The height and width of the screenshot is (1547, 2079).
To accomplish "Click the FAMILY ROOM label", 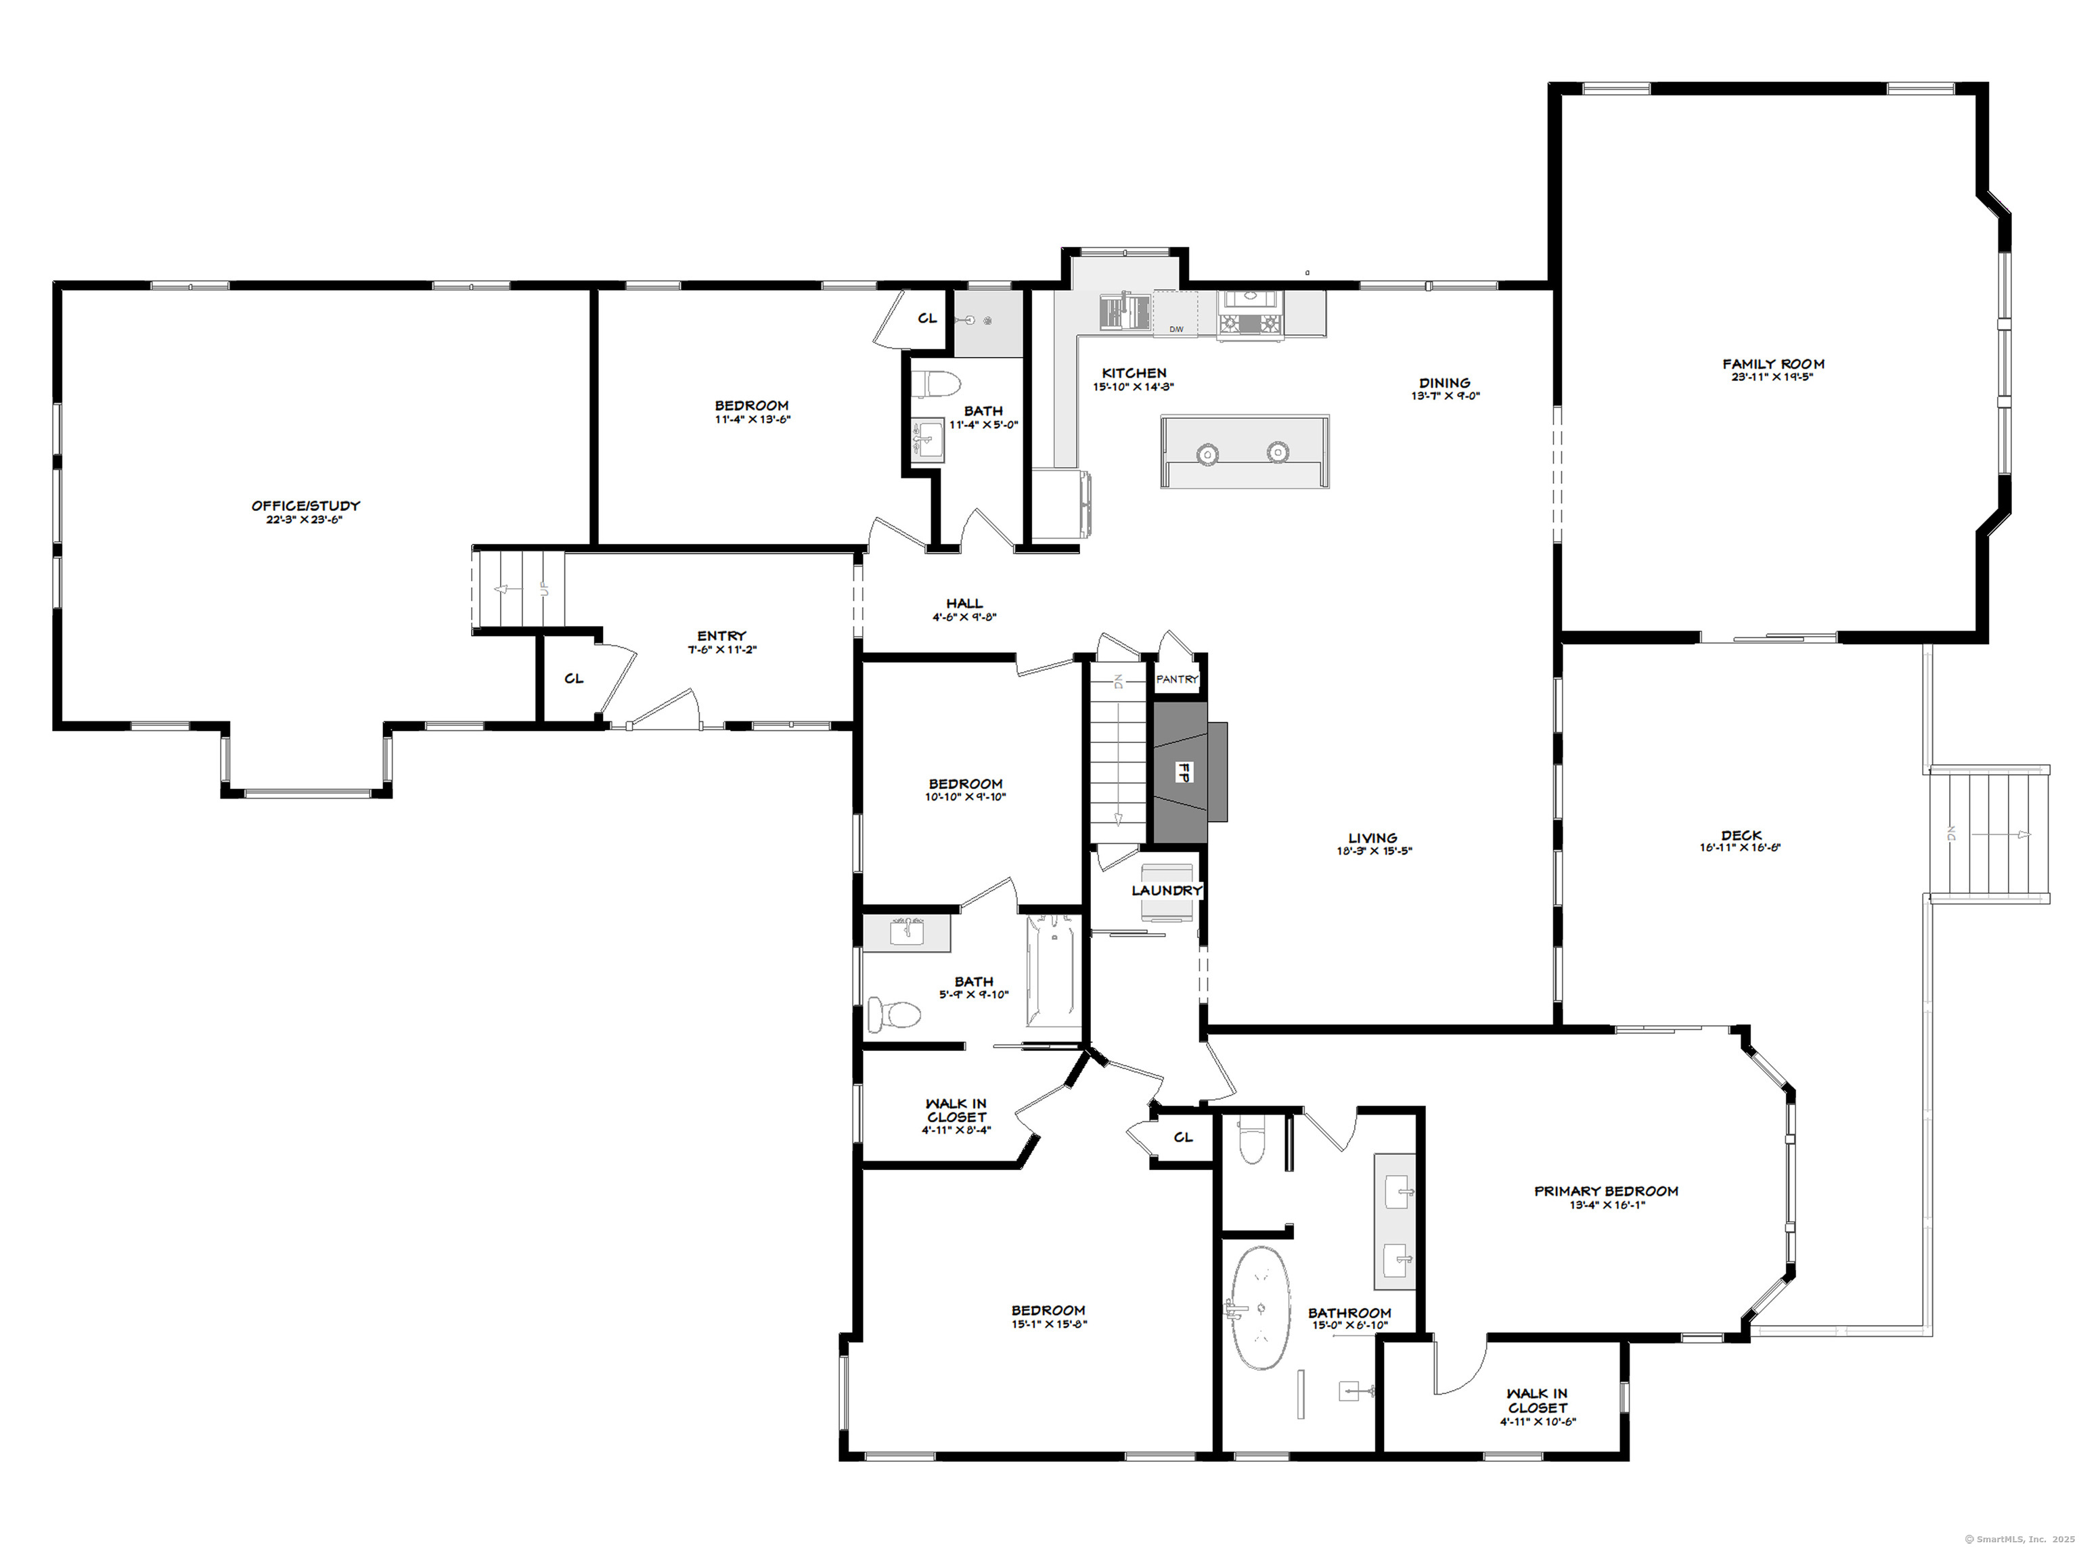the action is pos(1773,364).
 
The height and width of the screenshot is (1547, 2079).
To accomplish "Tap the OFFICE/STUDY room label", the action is pos(305,506).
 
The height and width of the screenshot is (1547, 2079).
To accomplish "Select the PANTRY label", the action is pos(1176,679).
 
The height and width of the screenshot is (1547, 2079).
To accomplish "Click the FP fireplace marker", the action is pos(1184,773).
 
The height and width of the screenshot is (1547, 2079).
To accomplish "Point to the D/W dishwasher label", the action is pos(1176,330).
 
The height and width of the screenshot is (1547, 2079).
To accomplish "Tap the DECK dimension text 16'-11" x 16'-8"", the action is pos(1740,847).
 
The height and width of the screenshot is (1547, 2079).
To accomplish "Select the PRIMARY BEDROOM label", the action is pos(1606,1191).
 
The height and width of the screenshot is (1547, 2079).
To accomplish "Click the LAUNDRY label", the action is pos(1166,891).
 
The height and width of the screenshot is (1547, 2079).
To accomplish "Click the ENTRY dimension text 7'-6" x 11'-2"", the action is pos(721,650).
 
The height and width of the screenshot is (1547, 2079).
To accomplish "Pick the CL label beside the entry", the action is pos(574,678).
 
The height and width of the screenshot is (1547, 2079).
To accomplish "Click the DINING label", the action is pos(1444,383).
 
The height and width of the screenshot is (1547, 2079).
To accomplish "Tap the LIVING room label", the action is pos(1373,838).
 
